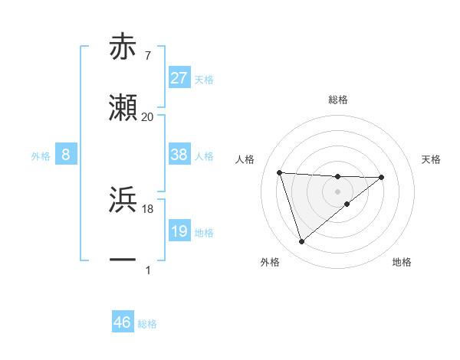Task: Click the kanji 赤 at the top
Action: click(x=123, y=47)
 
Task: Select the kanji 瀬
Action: click(x=123, y=109)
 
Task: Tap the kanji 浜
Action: click(x=123, y=200)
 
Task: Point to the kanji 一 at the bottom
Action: click(x=123, y=260)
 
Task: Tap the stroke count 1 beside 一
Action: click(x=147, y=270)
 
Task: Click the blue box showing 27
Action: click(x=179, y=78)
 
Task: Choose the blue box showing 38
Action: click(x=179, y=155)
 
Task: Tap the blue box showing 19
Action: click(x=179, y=231)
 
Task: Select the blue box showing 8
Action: click(x=66, y=155)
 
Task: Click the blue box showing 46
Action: click(x=123, y=322)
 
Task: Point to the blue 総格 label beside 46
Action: click(x=147, y=324)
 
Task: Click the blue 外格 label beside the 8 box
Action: click(x=41, y=156)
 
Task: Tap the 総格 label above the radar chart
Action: click(x=337, y=100)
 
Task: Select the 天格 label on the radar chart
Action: click(x=432, y=159)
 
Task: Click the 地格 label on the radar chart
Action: click(x=402, y=263)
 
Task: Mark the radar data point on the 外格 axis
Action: click(x=301, y=242)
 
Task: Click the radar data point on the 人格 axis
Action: click(x=280, y=172)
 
